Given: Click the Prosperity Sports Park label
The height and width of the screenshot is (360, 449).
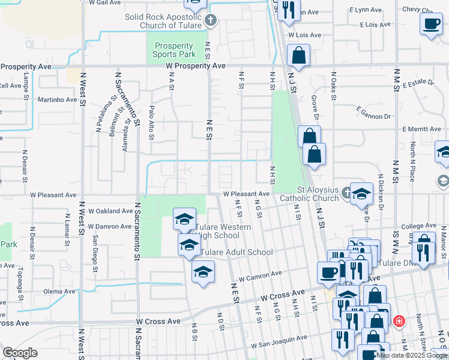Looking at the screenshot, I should point(173,50).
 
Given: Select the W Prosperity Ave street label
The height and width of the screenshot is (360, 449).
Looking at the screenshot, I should point(196,65).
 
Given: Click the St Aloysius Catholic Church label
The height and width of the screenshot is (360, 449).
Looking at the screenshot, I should point(310,194).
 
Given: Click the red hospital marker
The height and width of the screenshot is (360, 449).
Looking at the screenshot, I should point(398,322).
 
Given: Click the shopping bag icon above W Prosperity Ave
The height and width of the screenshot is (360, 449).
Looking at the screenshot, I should point(298,56).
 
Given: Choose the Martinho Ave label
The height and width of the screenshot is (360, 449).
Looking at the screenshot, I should point(58,100).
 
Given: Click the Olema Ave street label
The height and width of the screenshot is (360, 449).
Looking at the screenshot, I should point(59,292).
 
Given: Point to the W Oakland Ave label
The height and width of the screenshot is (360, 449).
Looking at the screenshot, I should point(110,211).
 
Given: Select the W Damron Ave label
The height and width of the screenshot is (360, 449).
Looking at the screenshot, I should point(109,227).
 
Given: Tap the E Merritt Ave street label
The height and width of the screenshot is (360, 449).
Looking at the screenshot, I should point(421,129).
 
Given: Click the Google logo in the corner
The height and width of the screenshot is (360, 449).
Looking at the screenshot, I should point(20,353).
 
